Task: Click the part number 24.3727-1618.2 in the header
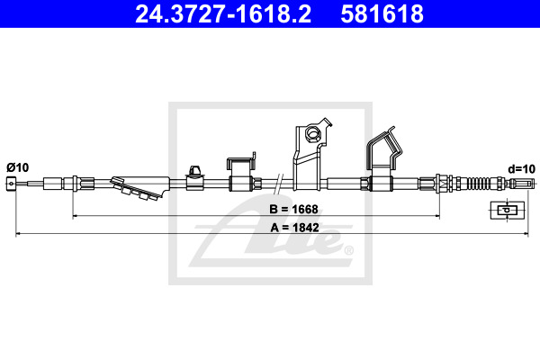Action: pyautogui.click(x=223, y=14)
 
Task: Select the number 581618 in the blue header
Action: pyautogui.click(x=382, y=14)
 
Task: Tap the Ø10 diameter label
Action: pyautogui.click(x=18, y=167)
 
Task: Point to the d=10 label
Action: pyautogui.click(x=522, y=169)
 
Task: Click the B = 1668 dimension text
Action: pyautogui.click(x=293, y=209)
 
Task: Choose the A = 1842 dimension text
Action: pyautogui.click(x=295, y=228)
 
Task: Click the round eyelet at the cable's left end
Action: pyautogui.click(x=11, y=184)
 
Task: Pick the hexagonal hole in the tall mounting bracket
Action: pyautogui.click(x=313, y=132)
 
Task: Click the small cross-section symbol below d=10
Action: pyautogui.click(x=508, y=210)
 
